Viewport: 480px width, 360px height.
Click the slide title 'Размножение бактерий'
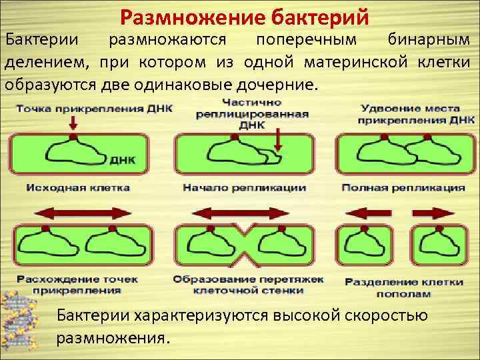[x=245, y=15]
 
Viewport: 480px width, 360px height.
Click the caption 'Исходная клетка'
[x=78, y=188]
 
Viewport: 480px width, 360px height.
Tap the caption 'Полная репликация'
[x=403, y=188]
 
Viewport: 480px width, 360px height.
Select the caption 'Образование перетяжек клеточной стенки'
[x=247, y=285]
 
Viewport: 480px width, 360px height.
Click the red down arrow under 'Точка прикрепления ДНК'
[x=73, y=123]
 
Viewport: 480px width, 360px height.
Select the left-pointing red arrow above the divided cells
[x=366, y=213]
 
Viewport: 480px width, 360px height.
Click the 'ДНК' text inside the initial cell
[x=119, y=161]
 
